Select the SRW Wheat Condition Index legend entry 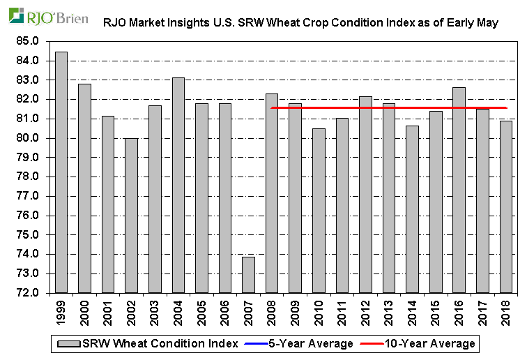150,343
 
